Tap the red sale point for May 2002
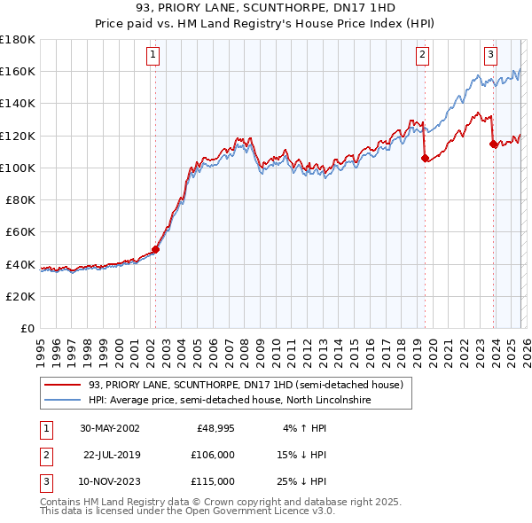[155, 250]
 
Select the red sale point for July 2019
[425, 159]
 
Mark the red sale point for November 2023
[493, 144]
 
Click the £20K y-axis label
[20, 296]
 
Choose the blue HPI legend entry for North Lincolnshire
[229, 401]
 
